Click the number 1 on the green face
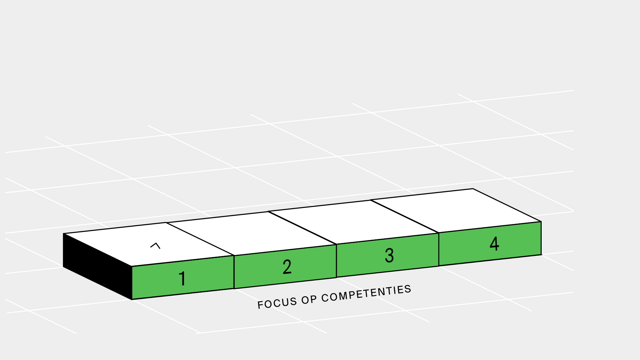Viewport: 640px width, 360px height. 182,278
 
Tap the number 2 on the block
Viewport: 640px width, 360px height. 287,267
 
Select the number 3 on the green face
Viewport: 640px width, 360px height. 389,256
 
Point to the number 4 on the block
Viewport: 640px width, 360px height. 494,243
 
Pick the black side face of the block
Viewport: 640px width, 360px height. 97,266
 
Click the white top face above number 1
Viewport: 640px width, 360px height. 149,244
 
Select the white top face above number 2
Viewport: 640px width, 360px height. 251,233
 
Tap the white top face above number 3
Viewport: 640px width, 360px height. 353,222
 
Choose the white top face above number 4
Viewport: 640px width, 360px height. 456,210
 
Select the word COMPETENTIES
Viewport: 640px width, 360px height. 366,294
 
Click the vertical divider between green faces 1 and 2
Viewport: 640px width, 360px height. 234,272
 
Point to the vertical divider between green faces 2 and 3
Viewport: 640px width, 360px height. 336,261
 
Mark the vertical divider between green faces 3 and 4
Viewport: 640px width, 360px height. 439,249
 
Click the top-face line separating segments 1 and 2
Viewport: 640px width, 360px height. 200,239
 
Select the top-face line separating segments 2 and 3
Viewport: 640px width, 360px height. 302,228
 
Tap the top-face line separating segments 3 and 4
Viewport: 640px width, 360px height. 405,216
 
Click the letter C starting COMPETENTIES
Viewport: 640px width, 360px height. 325,298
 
